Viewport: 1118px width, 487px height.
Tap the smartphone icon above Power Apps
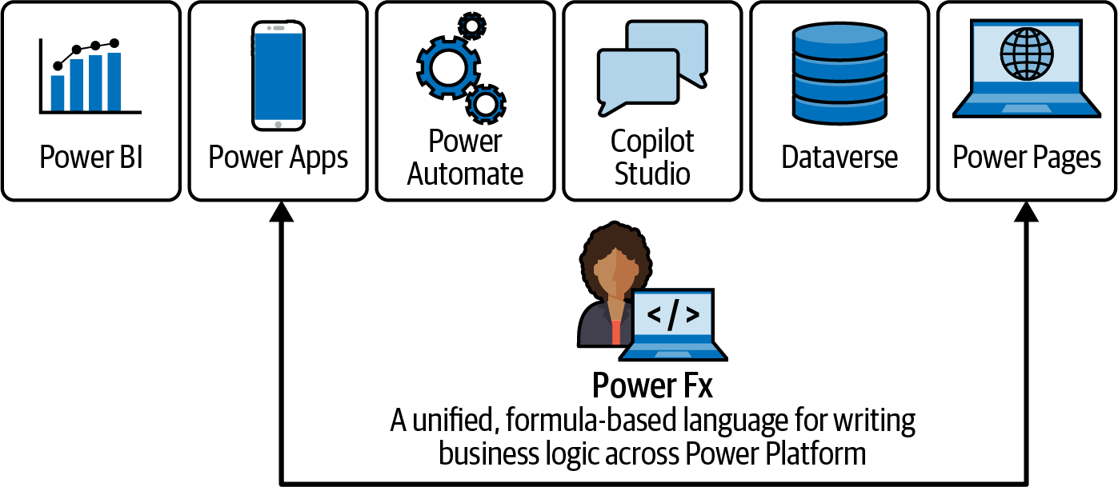click(x=278, y=75)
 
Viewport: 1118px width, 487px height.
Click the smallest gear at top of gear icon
click(x=472, y=26)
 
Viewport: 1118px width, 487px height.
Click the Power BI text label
click(x=91, y=157)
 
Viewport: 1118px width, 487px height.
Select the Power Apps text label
click(x=278, y=157)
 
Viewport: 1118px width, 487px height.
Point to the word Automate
click(x=465, y=174)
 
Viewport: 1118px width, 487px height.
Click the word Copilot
click(x=652, y=142)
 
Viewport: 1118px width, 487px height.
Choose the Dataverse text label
click(x=840, y=157)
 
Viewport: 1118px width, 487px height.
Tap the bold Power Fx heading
click(x=652, y=386)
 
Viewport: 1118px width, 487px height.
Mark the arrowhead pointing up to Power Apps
click(x=282, y=212)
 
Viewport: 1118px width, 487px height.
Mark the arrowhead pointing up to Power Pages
click(x=1027, y=212)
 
